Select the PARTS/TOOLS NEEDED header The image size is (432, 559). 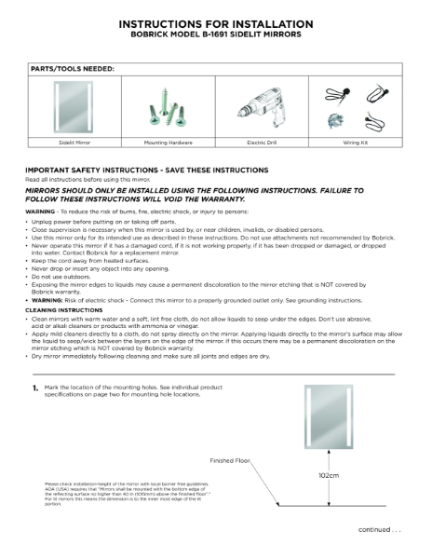tap(74, 69)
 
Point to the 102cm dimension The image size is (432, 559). tap(328, 474)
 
